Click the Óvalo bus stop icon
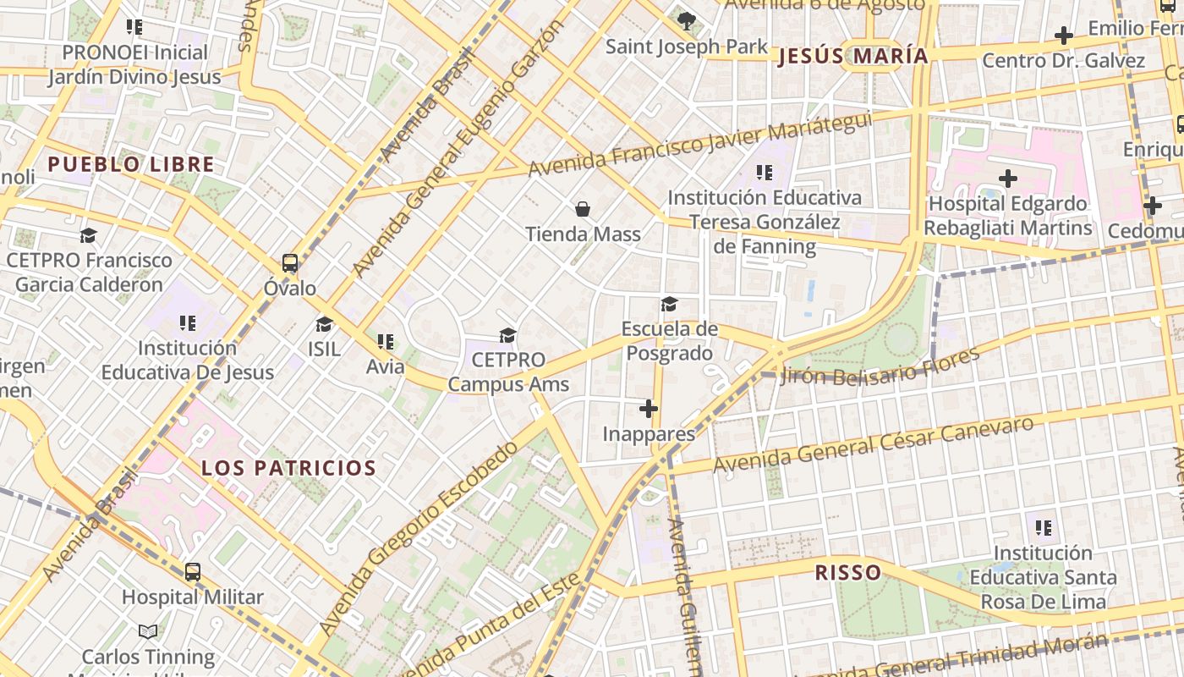[290, 263]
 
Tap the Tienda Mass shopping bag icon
[583, 208]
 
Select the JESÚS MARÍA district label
[852, 57]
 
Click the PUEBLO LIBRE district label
[131, 164]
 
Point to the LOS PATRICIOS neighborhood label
[288, 468]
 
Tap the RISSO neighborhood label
[847, 573]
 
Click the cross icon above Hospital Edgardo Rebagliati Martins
[1007, 179]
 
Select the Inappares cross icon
[649, 410]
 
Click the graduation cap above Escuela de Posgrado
[669, 304]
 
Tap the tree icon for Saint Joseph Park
[687, 20]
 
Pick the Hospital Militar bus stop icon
[193, 572]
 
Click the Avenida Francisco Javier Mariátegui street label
[699, 144]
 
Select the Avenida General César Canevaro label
[874, 445]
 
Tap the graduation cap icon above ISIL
[324, 324]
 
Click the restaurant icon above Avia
[386, 342]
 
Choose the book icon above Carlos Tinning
[148, 631]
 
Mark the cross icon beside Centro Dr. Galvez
[1064, 36]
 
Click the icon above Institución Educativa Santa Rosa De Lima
[1044, 528]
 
